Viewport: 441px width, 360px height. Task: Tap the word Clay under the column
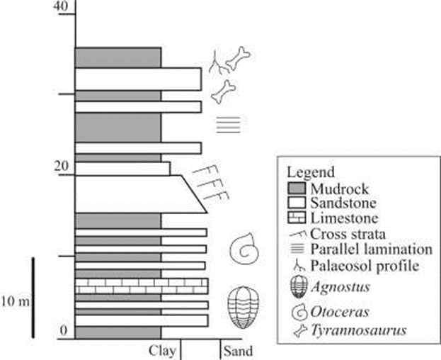pos(162,350)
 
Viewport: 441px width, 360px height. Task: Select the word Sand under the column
pos(236,350)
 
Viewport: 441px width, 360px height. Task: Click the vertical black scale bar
pos(34,298)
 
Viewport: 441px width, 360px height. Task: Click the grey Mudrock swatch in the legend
pos(299,189)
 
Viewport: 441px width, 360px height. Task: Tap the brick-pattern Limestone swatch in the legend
pos(299,217)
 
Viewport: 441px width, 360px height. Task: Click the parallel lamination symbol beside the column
pos(228,125)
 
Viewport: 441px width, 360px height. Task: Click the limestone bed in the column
pos(142,286)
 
